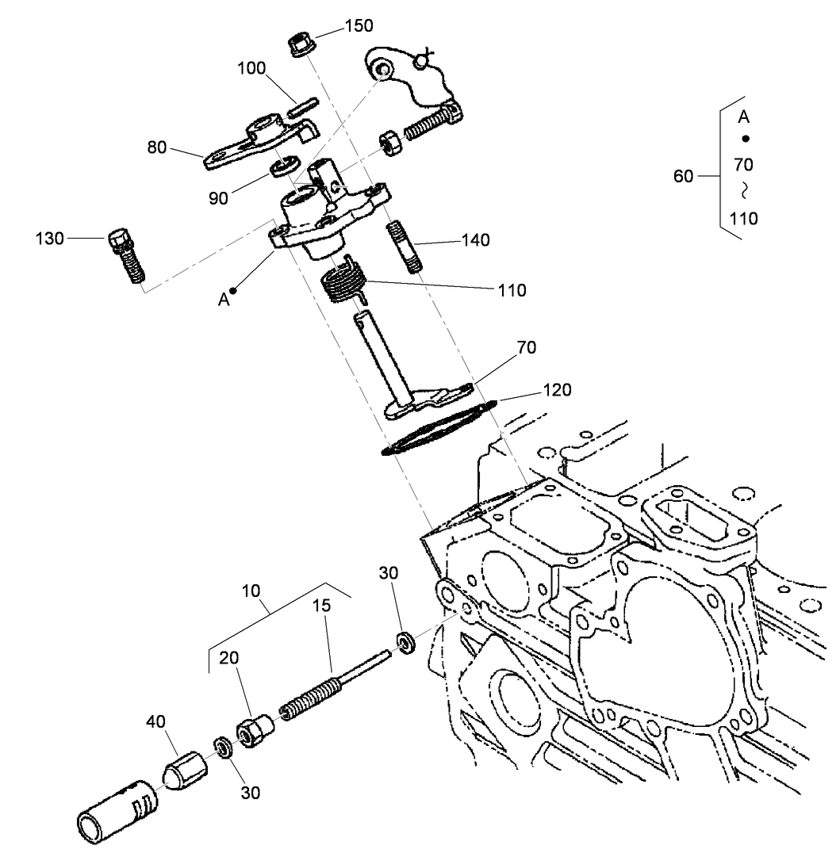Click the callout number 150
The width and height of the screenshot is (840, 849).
point(358,26)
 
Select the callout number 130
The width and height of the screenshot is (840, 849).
point(49,238)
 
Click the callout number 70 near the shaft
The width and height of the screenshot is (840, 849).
point(527,347)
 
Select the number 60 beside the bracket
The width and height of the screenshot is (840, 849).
point(683,176)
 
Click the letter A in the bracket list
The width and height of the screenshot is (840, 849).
point(743,117)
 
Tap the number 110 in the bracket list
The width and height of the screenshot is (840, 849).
point(743,218)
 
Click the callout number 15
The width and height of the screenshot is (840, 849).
point(321,606)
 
